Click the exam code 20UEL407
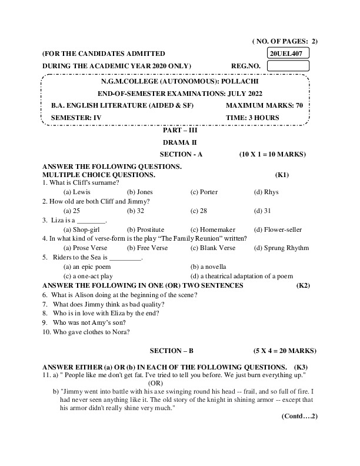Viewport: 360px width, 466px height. click(x=288, y=54)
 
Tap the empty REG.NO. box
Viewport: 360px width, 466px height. click(x=288, y=66)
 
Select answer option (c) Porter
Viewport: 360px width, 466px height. click(x=204, y=192)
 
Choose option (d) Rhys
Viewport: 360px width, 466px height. click(x=266, y=192)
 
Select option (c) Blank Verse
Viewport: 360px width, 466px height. click(x=212, y=248)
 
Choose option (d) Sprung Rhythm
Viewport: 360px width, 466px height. click(x=281, y=248)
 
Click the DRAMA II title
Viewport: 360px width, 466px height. click(x=180, y=142)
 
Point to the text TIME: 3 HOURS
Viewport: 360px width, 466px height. click(x=252, y=118)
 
